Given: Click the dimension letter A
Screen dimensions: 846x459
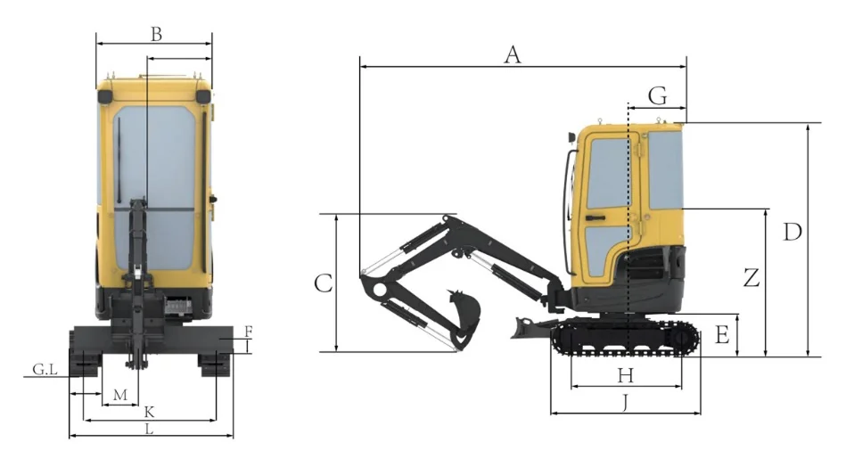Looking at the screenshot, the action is click(x=513, y=55).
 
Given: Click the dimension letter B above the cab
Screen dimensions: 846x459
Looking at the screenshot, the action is click(x=156, y=34).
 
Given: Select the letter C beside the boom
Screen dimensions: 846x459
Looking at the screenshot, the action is click(x=324, y=283).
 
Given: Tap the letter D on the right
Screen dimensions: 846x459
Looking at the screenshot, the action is click(x=793, y=232).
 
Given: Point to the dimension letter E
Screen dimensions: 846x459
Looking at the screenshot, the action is click(x=722, y=334).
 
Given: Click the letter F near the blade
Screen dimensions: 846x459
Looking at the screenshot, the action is click(x=248, y=331).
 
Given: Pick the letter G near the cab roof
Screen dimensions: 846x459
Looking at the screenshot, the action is click(x=658, y=96).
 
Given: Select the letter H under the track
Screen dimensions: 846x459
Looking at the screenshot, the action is click(x=625, y=375).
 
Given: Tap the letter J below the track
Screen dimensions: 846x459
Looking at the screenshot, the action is click(x=625, y=402).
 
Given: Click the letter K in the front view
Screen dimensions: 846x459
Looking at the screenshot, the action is click(x=150, y=413).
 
